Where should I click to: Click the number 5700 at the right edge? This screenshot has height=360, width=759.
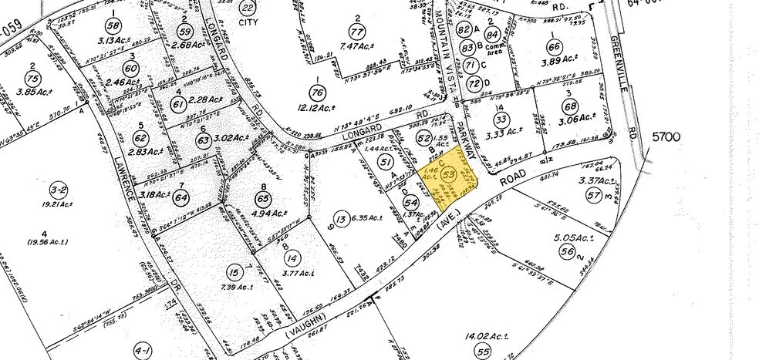click(666, 137)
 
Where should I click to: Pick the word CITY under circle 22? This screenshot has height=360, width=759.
click(247, 22)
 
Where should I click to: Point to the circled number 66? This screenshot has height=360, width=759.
click(551, 45)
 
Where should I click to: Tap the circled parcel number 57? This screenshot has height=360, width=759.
click(593, 196)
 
